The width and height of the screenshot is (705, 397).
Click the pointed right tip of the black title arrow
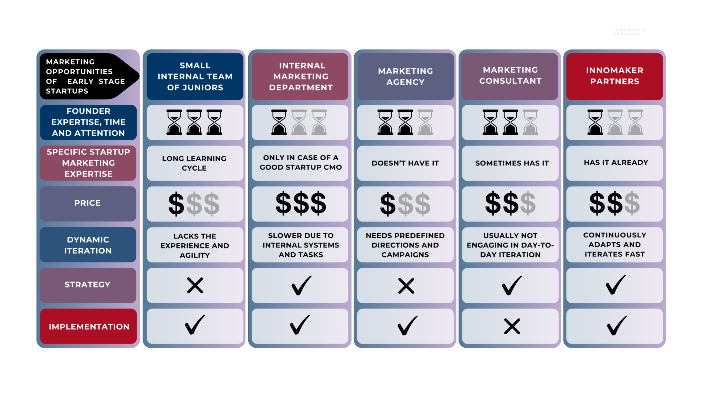click(x=139, y=76)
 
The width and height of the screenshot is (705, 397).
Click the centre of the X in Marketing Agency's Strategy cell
click(x=406, y=286)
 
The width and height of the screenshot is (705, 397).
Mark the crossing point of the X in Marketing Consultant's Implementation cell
click(x=512, y=326)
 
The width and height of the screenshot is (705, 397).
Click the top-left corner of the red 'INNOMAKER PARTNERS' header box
click(x=567, y=53)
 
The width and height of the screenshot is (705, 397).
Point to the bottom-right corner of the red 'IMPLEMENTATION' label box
click(x=136, y=344)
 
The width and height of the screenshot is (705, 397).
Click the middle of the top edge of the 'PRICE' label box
click(x=88, y=187)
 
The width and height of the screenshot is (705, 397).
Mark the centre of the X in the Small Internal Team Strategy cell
click(x=195, y=285)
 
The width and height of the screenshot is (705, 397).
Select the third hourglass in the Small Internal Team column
click(x=214, y=122)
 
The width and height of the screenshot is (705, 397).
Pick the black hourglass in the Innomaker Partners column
click(x=595, y=122)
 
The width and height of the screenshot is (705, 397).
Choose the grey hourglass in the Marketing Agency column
click(x=425, y=122)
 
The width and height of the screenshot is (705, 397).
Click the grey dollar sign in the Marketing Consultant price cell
click(x=528, y=203)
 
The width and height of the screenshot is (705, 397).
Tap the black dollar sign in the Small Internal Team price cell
click(x=176, y=204)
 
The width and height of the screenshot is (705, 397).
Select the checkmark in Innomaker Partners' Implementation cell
click(x=617, y=325)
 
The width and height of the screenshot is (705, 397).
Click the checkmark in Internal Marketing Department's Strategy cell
click(x=302, y=285)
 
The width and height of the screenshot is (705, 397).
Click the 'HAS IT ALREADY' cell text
click(x=616, y=162)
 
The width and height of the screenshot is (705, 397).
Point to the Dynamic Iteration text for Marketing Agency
click(x=405, y=245)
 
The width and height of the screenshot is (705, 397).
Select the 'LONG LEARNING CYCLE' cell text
click(x=194, y=163)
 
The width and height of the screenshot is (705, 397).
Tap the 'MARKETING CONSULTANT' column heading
click(x=510, y=75)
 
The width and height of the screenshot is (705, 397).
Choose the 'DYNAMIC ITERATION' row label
click(x=88, y=245)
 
